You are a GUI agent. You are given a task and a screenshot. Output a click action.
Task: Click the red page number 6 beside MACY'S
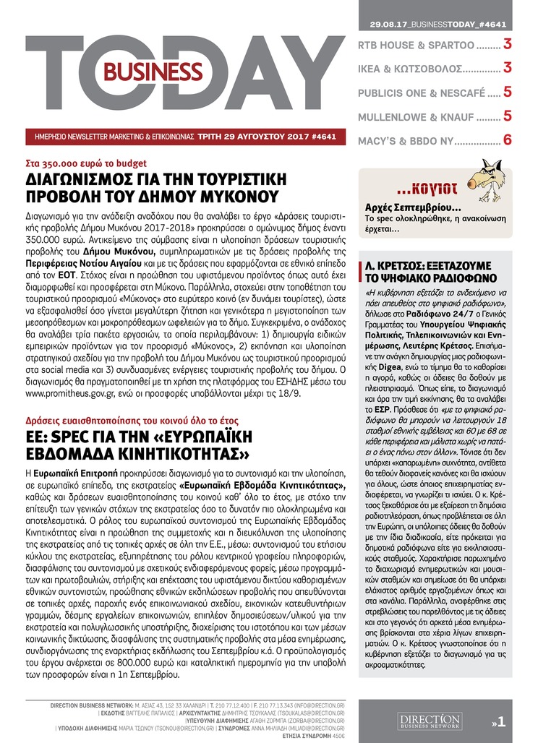click(508, 139)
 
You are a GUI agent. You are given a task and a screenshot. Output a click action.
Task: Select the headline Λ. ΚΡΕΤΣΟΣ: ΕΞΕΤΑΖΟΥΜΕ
click(429, 257)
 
